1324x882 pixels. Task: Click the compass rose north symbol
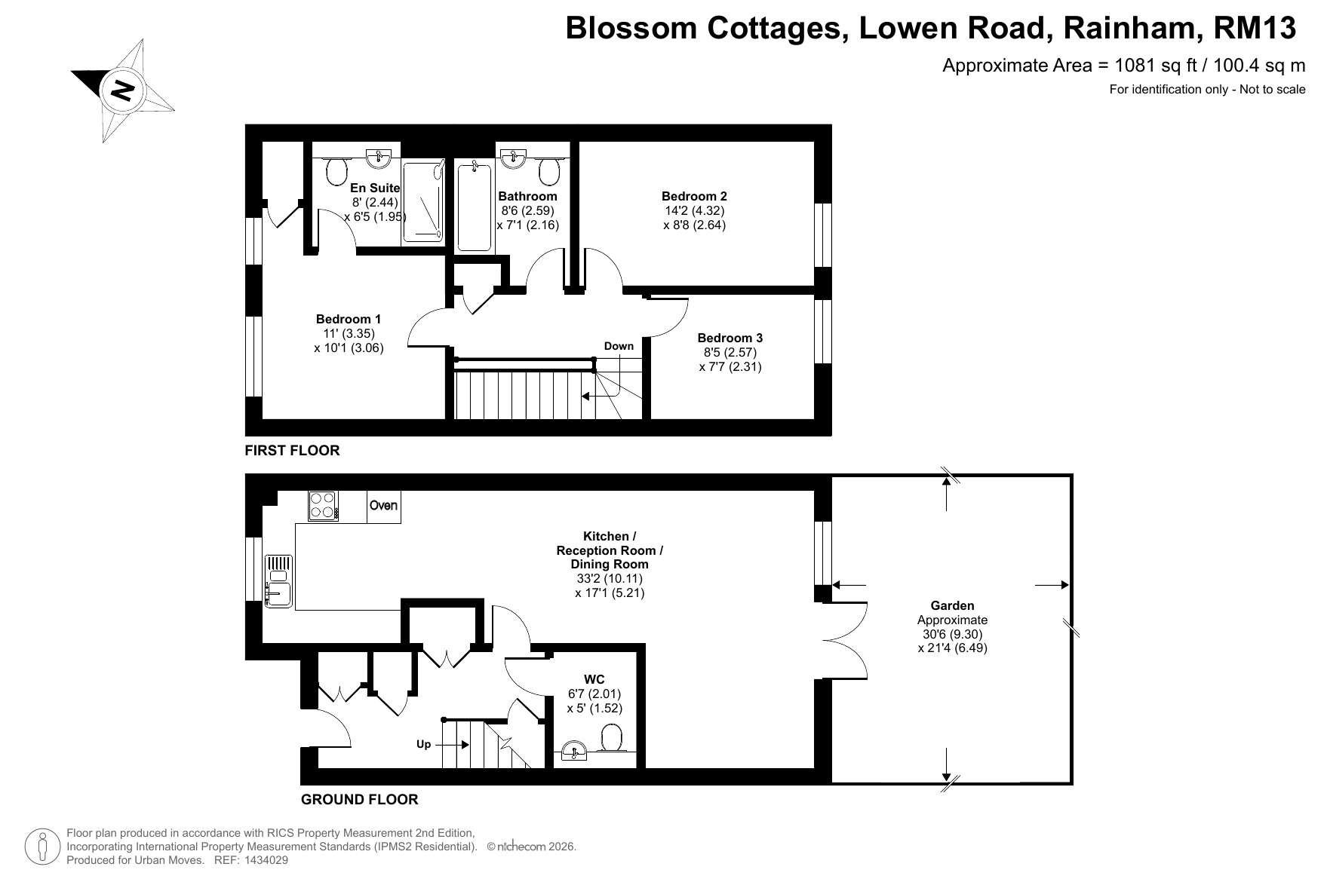123,90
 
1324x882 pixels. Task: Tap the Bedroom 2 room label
694,197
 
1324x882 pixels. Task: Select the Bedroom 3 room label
730,338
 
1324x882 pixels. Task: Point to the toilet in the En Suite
337,171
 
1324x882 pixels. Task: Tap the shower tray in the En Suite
423,201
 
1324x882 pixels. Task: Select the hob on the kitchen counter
324,505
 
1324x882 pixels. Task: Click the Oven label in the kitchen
383,505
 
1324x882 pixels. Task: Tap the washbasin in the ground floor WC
576,751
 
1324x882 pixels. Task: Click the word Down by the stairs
619,346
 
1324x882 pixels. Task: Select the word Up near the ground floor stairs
424,744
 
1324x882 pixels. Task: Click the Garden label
952,605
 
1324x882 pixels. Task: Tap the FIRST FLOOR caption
292,450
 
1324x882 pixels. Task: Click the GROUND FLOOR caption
359,799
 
